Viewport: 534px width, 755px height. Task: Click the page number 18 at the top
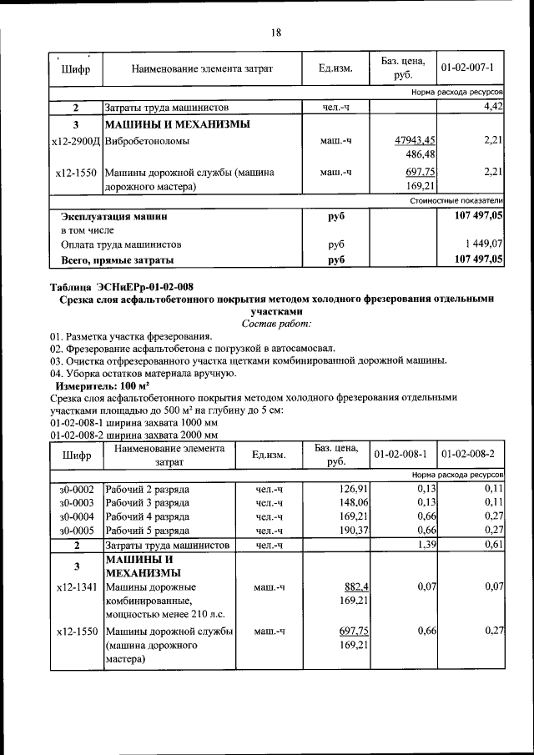(x=275, y=33)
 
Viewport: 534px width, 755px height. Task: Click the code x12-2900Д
(x=76, y=141)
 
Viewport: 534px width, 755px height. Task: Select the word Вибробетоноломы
(x=147, y=141)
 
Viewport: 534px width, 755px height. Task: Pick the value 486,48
(x=420, y=155)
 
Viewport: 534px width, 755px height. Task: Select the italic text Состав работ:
(x=276, y=323)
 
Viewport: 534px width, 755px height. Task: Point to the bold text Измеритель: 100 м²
(x=102, y=387)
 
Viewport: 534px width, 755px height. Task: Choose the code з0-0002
(x=76, y=488)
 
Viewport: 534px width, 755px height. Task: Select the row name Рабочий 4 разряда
(x=147, y=516)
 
